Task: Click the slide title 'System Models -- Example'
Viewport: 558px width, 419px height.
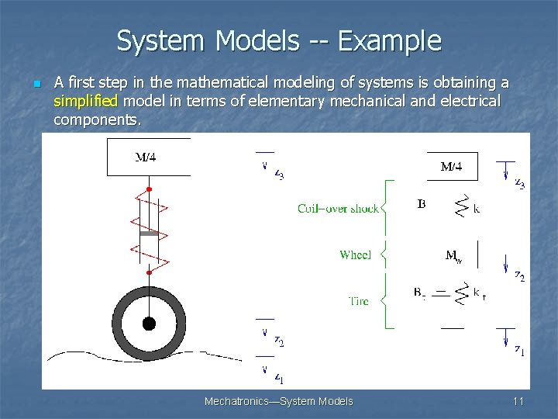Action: [x=279, y=40]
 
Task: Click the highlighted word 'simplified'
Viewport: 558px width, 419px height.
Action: [x=85, y=101]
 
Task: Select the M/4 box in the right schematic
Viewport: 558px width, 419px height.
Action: [x=452, y=166]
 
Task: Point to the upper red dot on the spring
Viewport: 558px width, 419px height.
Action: [x=149, y=189]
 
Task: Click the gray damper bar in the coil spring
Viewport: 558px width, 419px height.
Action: [x=149, y=233]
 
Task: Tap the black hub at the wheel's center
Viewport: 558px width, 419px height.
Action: [x=149, y=323]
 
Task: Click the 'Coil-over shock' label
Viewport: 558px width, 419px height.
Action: [x=338, y=208]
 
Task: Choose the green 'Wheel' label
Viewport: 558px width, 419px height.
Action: [x=355, y=255]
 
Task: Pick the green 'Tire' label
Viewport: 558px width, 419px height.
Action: [x=357, y=300]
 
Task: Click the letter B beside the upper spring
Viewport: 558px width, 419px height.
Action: [x=421, y=205]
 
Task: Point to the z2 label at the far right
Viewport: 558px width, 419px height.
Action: [x=519, y=276]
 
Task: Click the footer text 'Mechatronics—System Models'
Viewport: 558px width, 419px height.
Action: [x=278, y=401]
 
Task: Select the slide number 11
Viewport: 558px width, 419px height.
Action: [x=518, y=401]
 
